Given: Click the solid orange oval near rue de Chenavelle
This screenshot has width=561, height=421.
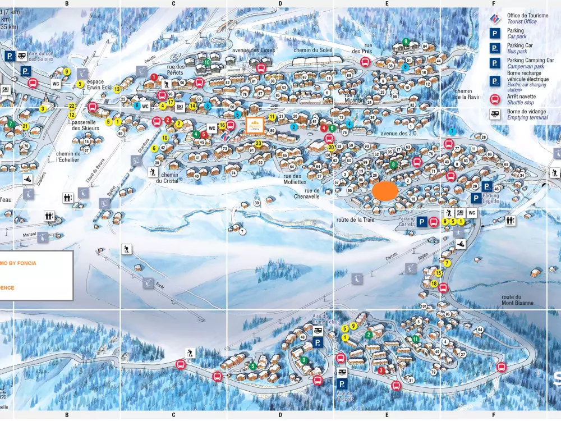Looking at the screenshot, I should (385, 191).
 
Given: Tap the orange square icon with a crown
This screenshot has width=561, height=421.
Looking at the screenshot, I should (255, 124).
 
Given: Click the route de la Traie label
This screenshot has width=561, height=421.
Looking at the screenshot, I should (355, 219).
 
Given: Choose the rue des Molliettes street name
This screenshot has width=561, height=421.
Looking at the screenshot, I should (291, 179).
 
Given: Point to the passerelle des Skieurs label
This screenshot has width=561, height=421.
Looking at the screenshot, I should (85, 125).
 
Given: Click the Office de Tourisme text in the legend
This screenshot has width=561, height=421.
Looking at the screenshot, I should (527, 16).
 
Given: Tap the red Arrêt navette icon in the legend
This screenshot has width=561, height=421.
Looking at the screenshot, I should (495, 99).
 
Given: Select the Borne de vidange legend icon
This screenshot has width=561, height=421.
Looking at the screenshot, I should (495, 115).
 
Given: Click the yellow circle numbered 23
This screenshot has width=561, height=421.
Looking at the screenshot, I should (258, 144).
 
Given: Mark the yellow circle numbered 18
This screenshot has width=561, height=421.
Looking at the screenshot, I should (434, 284).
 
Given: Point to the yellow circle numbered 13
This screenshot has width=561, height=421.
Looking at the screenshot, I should (117, 89).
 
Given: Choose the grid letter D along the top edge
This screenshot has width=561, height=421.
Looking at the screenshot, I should (280, 3).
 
